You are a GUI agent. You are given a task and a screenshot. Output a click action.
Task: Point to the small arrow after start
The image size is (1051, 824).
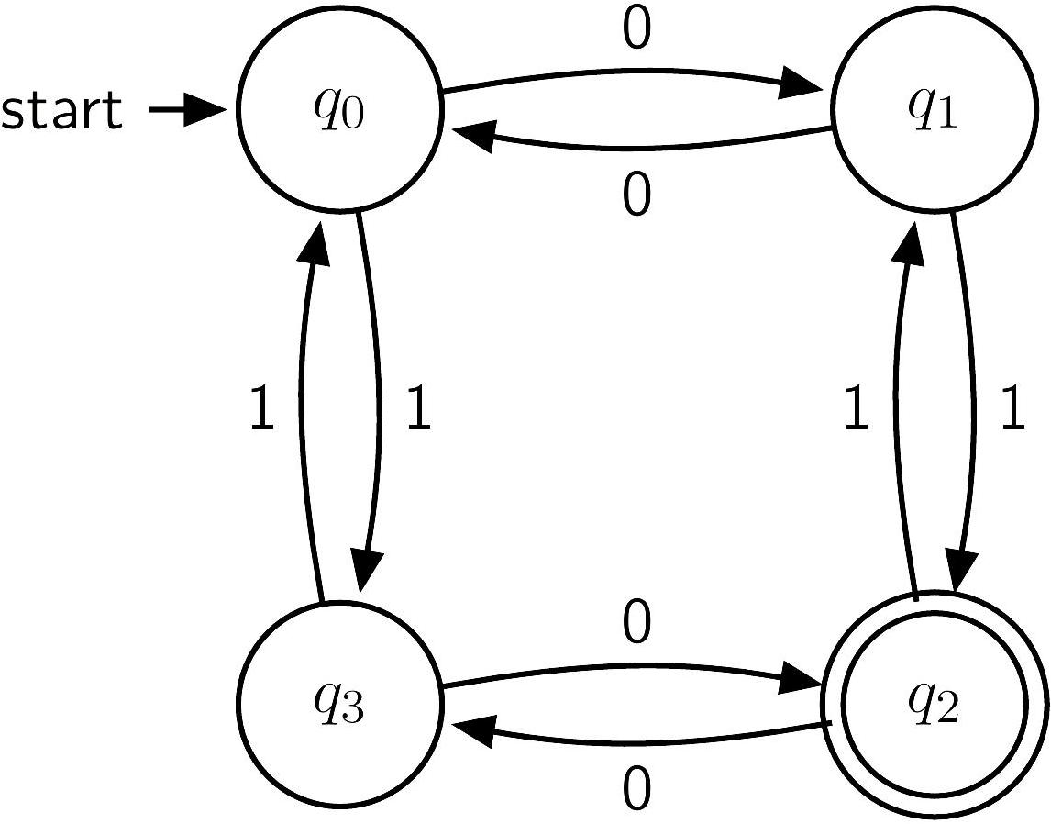[x=186, y=109]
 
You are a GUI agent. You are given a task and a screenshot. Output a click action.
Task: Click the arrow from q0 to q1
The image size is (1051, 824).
[x=634, y=70]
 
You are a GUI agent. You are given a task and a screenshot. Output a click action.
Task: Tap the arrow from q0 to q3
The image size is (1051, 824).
[x=379, y=402]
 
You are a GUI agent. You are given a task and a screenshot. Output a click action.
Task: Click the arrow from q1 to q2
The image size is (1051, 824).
[x=973, y=402]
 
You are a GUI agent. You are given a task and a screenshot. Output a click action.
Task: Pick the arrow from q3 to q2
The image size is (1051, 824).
[x=634, y=666]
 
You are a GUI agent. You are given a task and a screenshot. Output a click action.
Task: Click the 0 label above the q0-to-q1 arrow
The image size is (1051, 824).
[x=636, y=30]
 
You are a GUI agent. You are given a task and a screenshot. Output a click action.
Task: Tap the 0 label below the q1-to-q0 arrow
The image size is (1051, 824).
[x=636, y=195]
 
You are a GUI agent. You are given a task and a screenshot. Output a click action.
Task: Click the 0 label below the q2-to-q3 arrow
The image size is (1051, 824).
[x=636, y=789]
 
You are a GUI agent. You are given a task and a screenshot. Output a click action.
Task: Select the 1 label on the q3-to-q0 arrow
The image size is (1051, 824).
[x=262, y=408]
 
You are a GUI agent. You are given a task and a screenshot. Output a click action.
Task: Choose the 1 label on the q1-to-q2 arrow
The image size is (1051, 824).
[x=1012, y=408]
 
